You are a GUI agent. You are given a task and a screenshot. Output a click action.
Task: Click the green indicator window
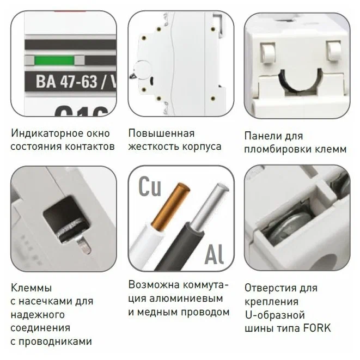[54, 60]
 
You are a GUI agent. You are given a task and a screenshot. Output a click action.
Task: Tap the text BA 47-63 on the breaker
[66, 82]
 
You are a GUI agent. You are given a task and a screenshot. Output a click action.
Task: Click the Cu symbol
[150, 186]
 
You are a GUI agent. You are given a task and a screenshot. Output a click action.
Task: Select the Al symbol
[214, 254]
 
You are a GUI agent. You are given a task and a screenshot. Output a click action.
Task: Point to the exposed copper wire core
[171, 206]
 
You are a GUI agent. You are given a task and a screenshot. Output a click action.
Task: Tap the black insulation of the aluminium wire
[181, 247]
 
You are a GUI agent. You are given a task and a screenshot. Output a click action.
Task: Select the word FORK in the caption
[317, 328]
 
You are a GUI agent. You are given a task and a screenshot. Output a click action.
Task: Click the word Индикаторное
[45, 133]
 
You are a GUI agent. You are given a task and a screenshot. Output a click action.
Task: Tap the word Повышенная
[161, 133]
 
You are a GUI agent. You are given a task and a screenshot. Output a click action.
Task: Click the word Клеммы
[31, 288]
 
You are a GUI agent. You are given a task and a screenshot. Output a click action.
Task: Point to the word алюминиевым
[186, 298]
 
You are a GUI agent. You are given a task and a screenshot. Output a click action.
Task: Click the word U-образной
[275, 315]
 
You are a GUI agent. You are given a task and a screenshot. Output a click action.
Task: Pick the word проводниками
[55, 342]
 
